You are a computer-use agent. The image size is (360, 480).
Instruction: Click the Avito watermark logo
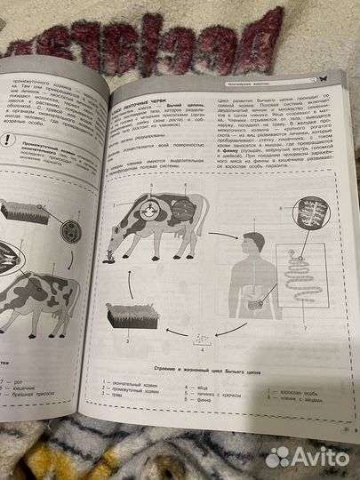(308, 455)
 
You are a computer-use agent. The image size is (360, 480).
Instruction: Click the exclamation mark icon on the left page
(7, 140)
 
